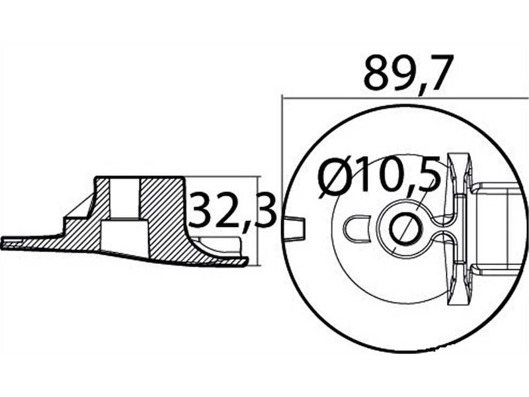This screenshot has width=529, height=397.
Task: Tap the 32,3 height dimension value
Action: click(231, 210)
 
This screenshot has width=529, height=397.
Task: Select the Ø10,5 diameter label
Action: click(379, 179)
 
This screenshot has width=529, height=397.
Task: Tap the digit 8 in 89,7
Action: click(378, 73)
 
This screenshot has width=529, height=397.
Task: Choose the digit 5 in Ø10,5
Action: click(428, 179)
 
